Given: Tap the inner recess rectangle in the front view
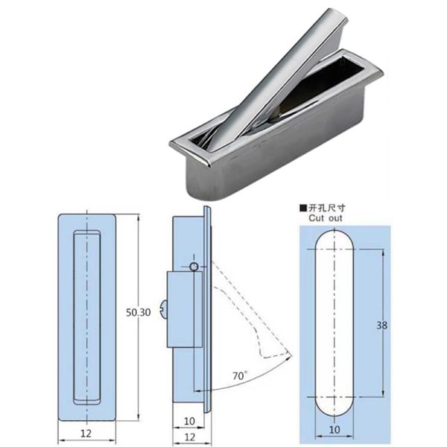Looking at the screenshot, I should tap(87, 317).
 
